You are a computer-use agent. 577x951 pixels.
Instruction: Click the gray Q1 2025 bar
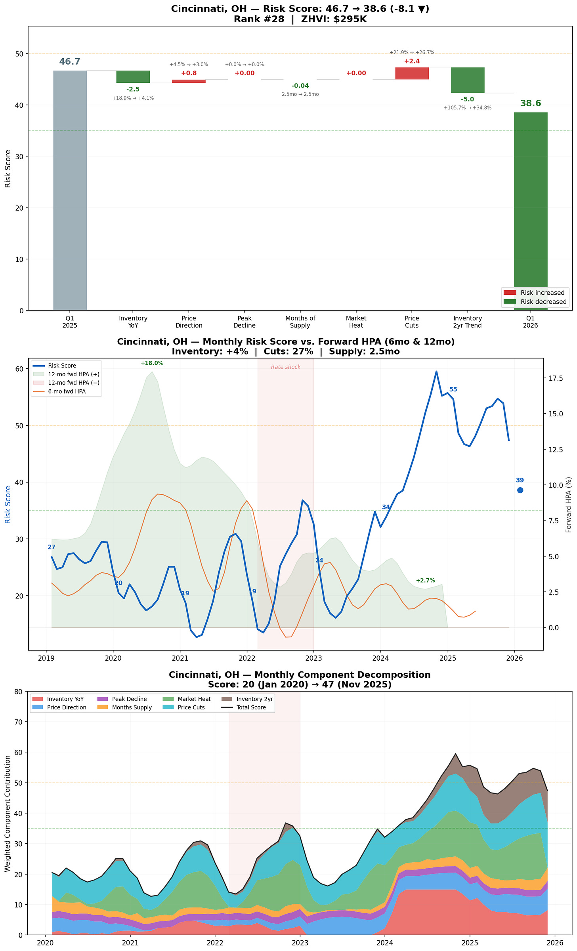70,190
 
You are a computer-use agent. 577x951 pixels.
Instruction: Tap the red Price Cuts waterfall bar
412,73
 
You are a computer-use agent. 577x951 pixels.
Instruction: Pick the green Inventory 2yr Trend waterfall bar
467,80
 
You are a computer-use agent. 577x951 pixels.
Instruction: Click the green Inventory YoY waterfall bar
133,76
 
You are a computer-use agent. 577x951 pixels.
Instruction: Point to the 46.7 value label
70,62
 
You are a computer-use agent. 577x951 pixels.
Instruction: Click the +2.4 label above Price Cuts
412,61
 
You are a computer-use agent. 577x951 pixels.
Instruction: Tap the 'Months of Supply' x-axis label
300,322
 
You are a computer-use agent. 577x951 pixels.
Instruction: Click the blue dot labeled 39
520,490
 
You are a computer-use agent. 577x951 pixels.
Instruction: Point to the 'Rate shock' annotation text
286,367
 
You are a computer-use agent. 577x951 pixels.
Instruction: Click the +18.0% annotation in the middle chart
152,363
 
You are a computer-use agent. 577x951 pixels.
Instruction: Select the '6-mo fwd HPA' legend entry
67,392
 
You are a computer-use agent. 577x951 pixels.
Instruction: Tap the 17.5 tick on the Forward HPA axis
555,378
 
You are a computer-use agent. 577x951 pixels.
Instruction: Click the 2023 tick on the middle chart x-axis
313,659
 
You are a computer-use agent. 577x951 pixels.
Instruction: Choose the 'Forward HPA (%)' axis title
569,505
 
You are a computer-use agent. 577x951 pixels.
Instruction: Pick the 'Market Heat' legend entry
194,699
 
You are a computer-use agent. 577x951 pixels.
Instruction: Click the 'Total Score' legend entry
251,707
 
